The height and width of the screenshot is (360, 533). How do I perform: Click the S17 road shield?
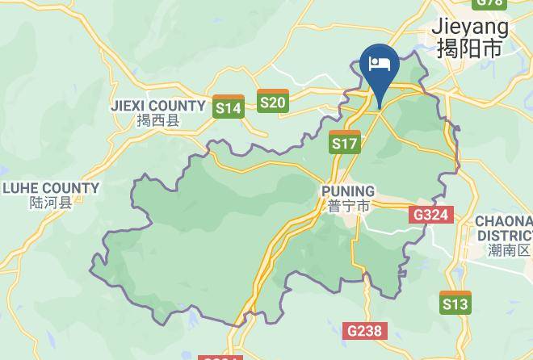pos(345,142)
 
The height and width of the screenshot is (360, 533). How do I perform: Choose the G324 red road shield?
pos(431,215)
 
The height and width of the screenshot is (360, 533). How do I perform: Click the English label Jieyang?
pos(471,27)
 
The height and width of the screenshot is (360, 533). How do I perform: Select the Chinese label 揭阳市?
pos(469,49)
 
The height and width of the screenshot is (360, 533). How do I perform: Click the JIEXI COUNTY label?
pos(158,106)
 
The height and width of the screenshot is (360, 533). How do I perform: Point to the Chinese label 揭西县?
pos(157,121)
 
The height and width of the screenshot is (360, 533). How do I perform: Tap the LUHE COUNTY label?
pos(51,188)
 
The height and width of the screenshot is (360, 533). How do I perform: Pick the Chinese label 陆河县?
pos(50,203)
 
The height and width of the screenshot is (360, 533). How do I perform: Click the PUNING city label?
pos(348,190)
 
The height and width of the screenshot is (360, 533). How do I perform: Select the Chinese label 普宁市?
pos(349,206)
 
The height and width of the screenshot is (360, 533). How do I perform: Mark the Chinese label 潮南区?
pos(510,249)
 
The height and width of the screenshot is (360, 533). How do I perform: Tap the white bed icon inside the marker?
pos(378,63)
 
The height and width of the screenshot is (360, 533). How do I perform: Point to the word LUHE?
pos(23,188)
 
